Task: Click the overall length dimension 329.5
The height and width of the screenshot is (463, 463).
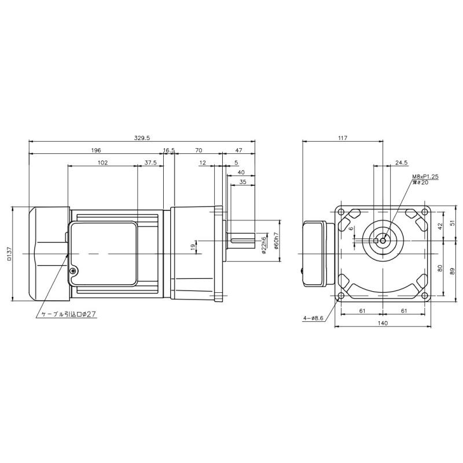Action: coord(142,138)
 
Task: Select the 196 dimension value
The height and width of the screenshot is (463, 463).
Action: coord(96,150)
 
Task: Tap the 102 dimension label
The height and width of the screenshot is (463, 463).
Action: coord(102,163)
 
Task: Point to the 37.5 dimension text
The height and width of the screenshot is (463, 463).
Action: coord(150,163)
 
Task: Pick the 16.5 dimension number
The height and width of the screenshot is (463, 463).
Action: coord(169,150)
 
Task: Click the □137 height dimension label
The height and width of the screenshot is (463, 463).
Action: coord(9,253)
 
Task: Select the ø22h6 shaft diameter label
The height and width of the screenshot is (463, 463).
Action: coord(264,243)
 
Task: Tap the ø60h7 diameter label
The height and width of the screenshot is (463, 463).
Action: coord(277,241)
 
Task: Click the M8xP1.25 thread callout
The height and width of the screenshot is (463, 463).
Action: coord(425,177)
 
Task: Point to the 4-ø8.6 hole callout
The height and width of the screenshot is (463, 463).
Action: coord(313,318)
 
